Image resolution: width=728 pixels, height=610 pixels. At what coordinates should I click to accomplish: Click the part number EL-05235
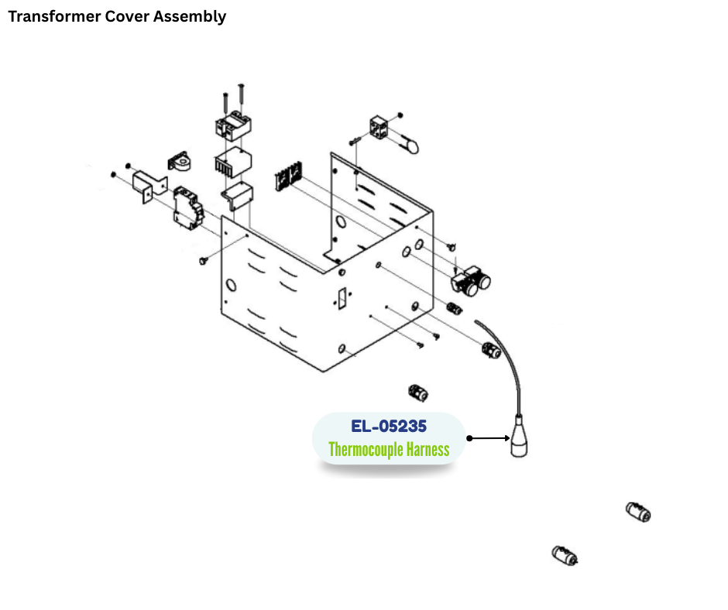(388, 426)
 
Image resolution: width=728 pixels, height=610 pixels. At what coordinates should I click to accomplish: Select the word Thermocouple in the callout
(365, 449)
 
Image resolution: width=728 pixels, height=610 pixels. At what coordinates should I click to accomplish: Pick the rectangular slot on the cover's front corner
(342, 298)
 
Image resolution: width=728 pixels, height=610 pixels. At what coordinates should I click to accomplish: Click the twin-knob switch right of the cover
(473, 283)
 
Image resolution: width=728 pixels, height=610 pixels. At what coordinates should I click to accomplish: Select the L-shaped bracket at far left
(149, 187)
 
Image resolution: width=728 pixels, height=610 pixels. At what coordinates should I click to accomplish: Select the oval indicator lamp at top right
(407, 145)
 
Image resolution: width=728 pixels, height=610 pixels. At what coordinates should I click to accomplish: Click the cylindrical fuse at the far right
(638, 512)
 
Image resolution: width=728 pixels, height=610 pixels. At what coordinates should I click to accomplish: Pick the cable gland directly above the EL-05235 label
(418, 392)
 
